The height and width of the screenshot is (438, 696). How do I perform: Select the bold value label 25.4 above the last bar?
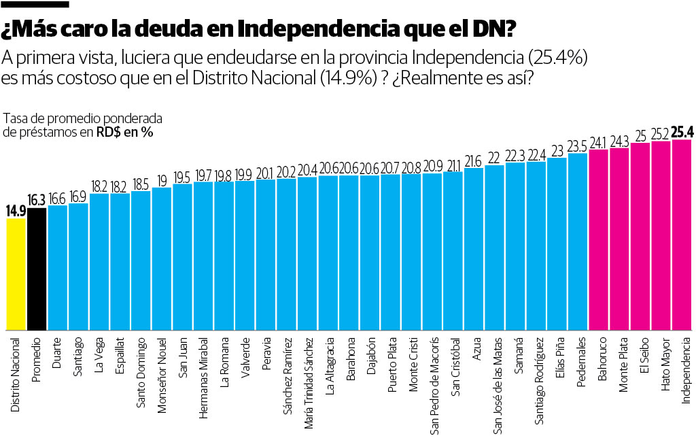(x=681, y=132)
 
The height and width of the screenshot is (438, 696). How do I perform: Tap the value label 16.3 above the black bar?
(x=37, y=201)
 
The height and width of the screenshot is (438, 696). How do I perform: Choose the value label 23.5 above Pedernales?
(x=578, y=146)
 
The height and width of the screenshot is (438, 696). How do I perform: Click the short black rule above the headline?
(x=35, y=4)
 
